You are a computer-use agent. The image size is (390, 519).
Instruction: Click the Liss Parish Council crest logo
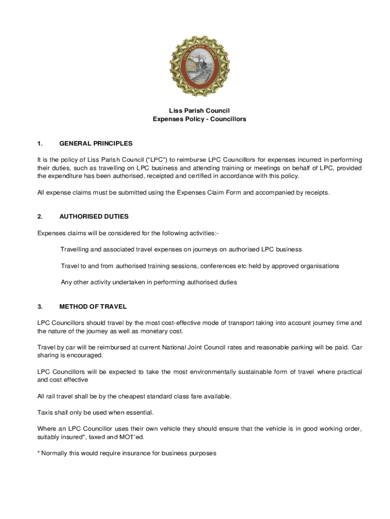tap(199, 66)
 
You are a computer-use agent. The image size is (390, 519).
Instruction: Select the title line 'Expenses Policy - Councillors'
tap(199, 119)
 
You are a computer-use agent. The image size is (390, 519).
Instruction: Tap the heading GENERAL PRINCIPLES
tap(96, 143)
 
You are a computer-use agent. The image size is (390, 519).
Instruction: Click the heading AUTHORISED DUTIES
tap(94, 216)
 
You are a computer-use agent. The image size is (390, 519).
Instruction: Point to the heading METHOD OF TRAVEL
tap(93, 307)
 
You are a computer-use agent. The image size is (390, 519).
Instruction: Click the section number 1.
tap(40, 143)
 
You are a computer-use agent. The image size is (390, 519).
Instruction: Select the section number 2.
tap(40, 216)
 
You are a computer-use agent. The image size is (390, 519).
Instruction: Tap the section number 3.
tap(40, 307)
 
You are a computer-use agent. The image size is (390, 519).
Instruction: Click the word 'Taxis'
tap(46, 412)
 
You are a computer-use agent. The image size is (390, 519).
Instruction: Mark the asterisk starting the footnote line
tap(38, 453)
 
